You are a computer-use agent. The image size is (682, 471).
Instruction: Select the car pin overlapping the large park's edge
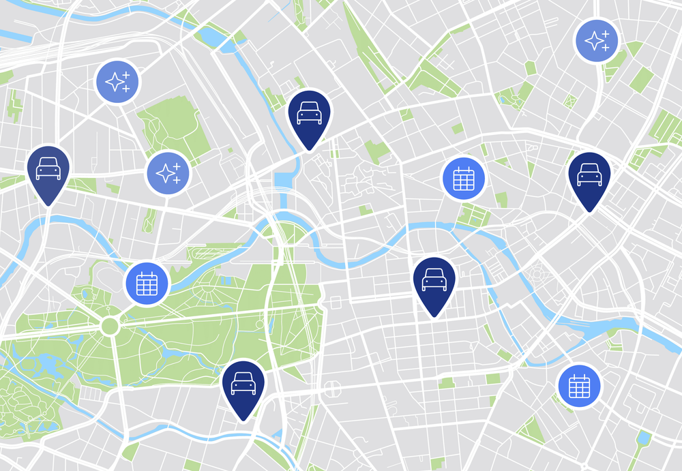(x=243, y=385)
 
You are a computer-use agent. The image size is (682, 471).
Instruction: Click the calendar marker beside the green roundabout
(x=147, y=283)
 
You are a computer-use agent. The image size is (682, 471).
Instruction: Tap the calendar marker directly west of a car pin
(x=464, y=178)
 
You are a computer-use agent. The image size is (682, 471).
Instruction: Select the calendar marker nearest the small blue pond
(x=579, y=386)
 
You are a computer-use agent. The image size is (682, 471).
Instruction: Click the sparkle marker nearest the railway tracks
(x=117, y=82)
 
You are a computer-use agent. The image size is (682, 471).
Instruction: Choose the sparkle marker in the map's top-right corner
(x=597, y=41)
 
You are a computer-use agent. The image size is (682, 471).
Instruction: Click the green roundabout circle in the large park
(x=110, y=326)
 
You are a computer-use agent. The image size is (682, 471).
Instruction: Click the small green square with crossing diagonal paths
(x=570, y=102)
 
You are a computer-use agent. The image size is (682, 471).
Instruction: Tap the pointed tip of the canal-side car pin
(x=309, y=149)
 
